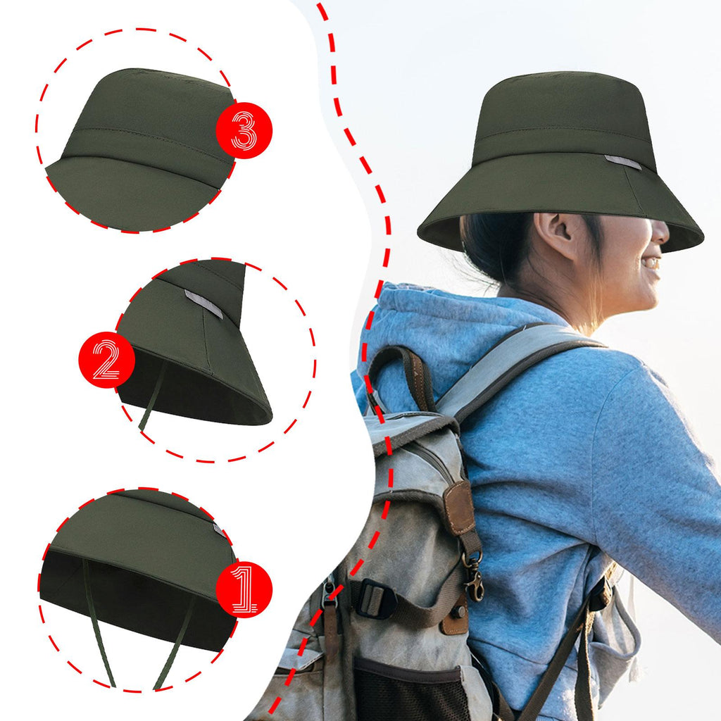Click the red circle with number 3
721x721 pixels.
pos(244,130)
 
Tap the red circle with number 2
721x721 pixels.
pos(107,360)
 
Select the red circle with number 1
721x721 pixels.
pos(244,589)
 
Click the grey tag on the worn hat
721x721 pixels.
pos(623,163)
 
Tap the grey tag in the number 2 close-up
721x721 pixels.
pos(203,303)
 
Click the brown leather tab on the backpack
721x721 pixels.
pos(459,508)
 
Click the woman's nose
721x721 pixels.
pos(660,232)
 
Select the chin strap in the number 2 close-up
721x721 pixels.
pos(151,396)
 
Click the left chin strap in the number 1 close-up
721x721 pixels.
pos(99,624)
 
